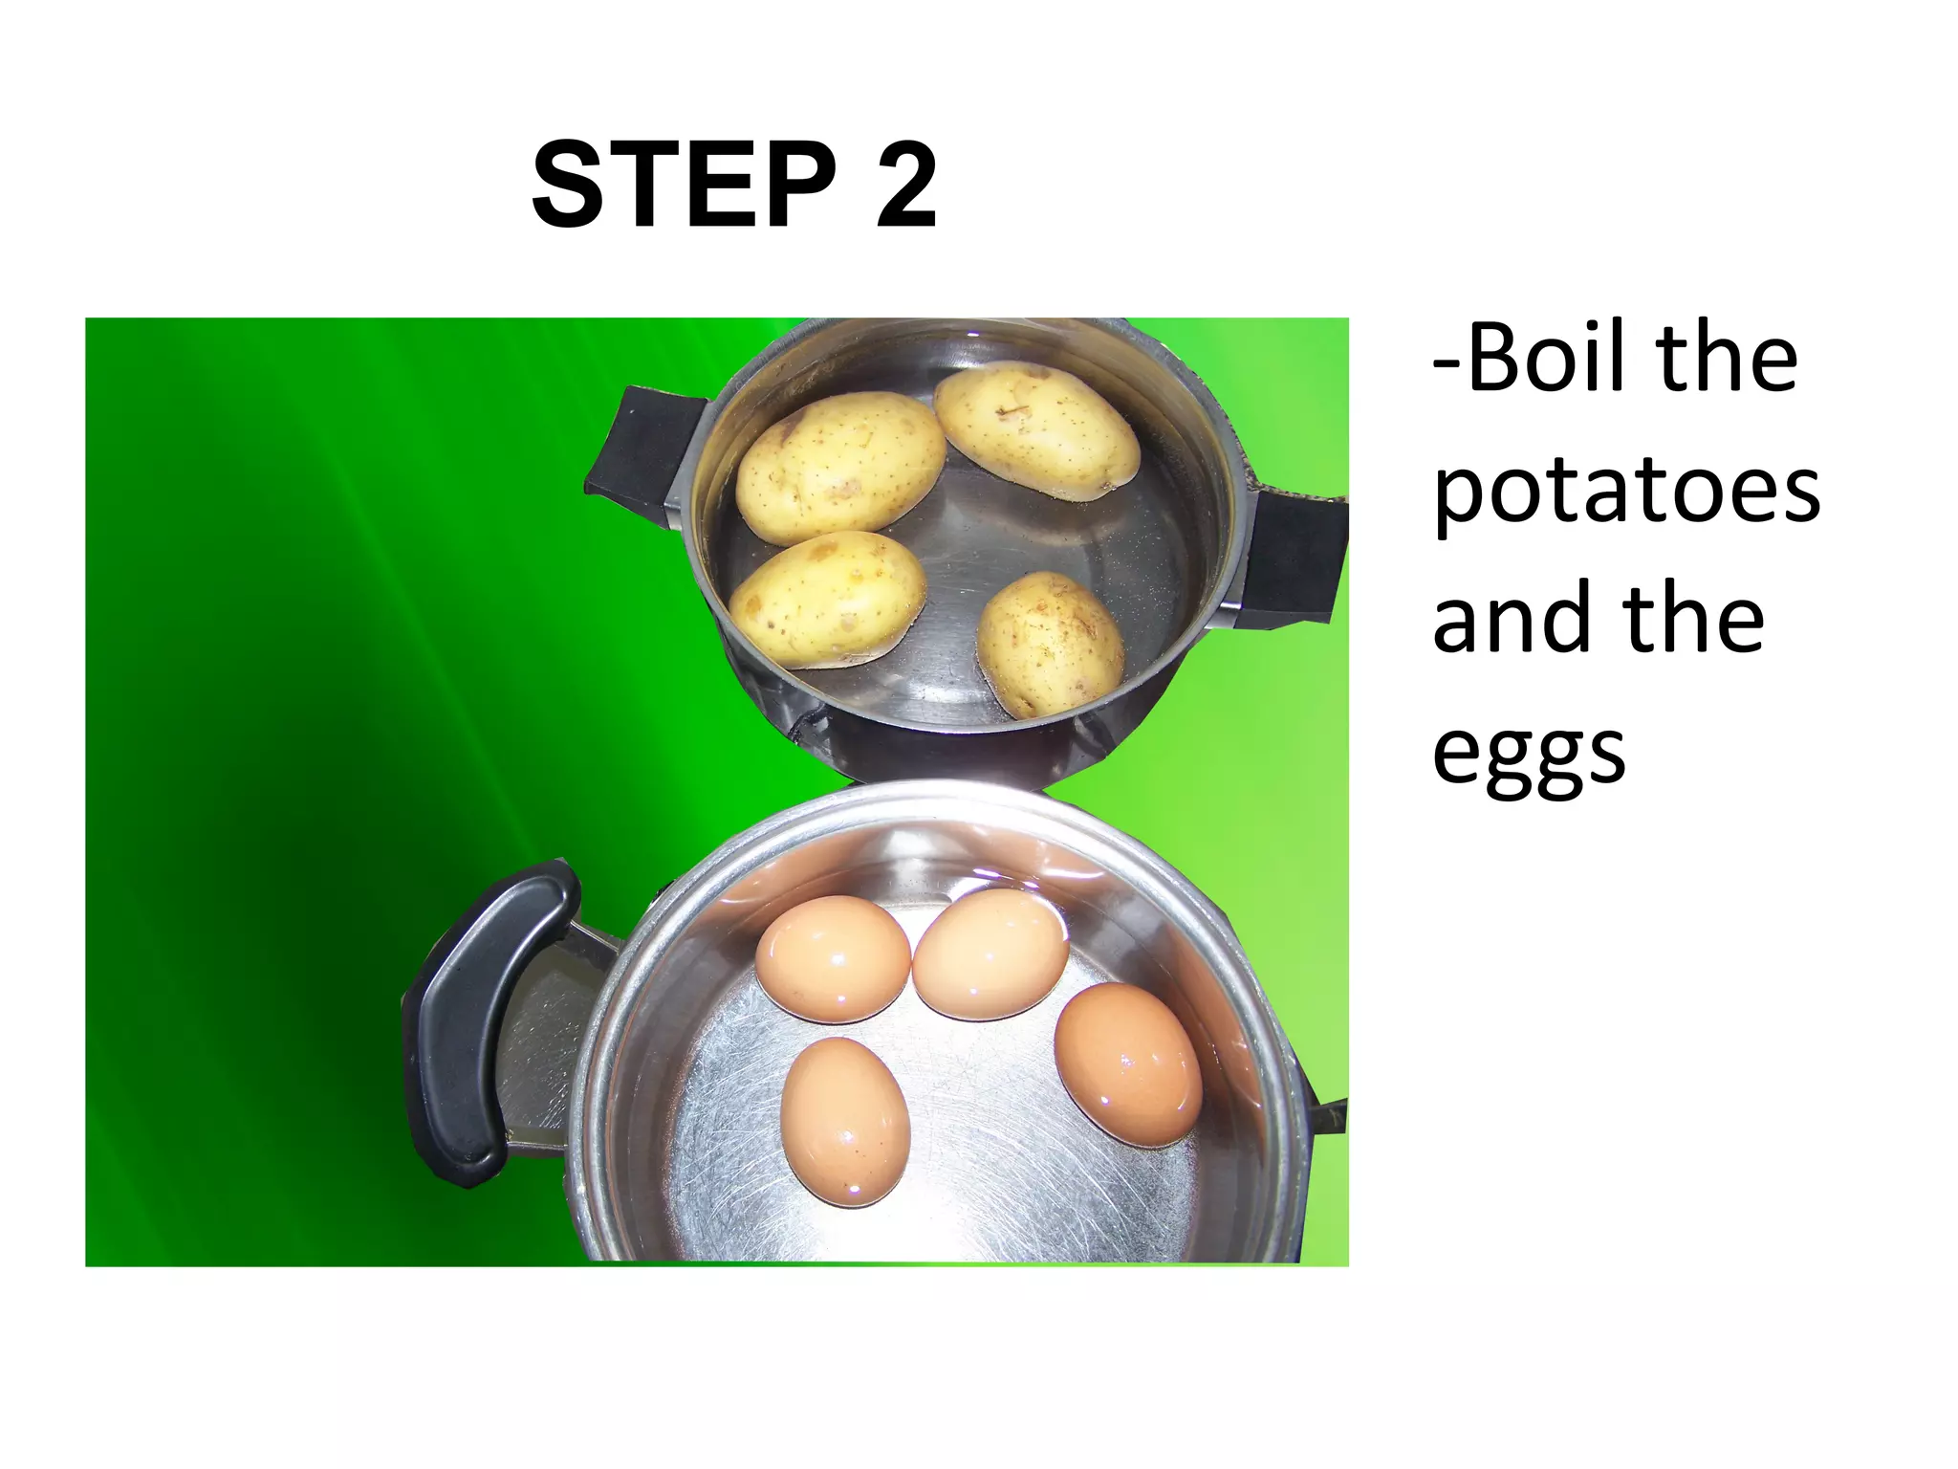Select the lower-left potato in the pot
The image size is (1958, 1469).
pyautogui.click(x=826, y=599)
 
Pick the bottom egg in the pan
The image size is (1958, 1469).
pyautogui.click(x=845, y=1119)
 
